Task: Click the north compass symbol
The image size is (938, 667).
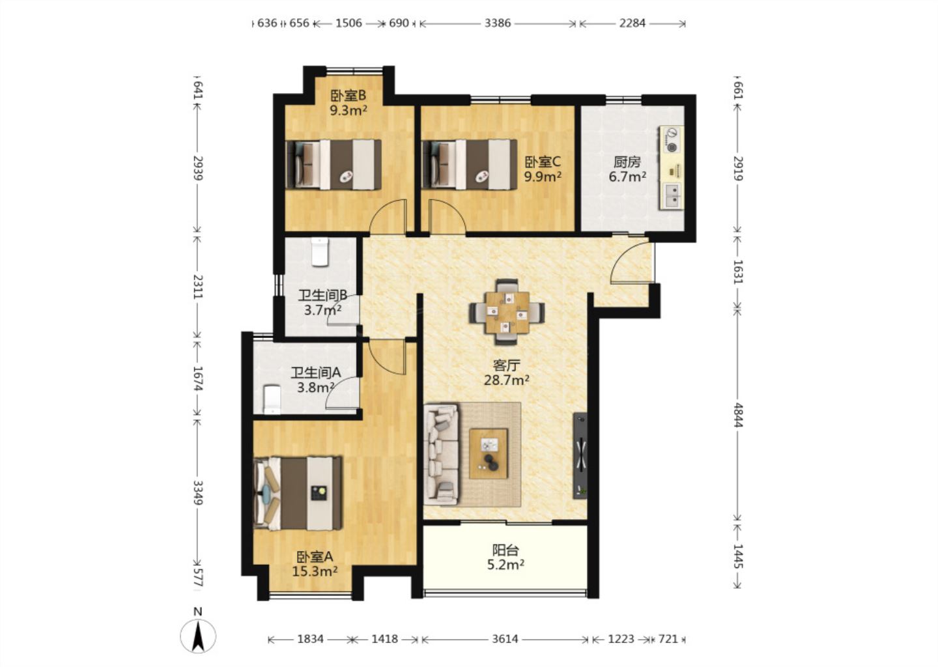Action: click(198, 635)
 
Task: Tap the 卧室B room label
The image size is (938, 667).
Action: click(348, 96)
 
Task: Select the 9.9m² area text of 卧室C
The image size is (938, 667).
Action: click(543, 177)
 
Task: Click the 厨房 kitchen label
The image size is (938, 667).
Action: click(627, 162)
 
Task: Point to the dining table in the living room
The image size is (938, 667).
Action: click(507, 312)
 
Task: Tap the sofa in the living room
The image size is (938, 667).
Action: click(441, 454)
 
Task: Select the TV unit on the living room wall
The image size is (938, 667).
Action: click(580, 455)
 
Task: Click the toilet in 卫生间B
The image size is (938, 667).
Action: click(320, 251)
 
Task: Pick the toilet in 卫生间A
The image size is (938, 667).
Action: click(272, 400)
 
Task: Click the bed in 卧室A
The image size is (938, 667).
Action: click(298, 493)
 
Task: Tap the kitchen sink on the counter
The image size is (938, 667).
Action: click(672, 196)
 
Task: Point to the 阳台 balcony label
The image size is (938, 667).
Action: click(505, 549)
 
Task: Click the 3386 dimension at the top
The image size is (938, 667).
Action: click(498, 23)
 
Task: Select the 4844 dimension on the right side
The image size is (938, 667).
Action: click(738, 415)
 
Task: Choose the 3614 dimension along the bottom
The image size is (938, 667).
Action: click(505, 639)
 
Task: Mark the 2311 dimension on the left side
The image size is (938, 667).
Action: click(197, 287)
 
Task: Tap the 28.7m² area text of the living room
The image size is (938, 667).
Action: click(506, 380)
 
